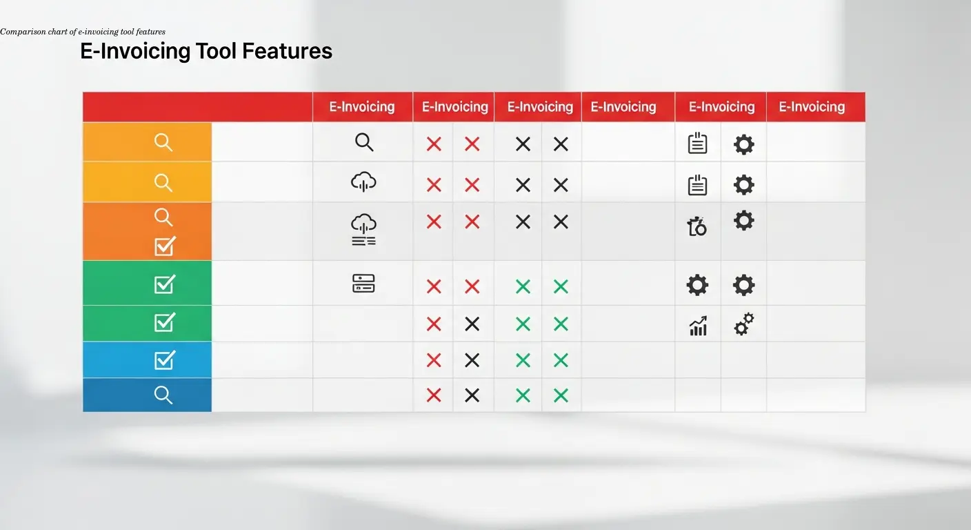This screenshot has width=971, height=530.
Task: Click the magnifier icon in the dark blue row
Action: coord(163,395)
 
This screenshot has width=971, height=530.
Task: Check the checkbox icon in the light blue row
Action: coord(165,360)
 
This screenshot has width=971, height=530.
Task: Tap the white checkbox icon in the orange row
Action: coord(165,245)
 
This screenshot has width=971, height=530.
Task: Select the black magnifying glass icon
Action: coord(364,142)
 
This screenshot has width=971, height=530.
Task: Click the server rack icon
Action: coord(363,283)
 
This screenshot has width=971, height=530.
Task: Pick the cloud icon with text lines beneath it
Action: coord(363,230)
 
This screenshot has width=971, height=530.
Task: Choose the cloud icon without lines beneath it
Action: coord(363,182)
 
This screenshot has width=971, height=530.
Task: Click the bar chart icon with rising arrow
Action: coord(698,326)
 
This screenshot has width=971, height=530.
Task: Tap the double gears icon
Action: coord(743,324)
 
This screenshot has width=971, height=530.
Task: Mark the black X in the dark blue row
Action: coord(472,395)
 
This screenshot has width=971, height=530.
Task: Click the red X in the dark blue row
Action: coord(434,395)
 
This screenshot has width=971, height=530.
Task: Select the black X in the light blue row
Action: coord(472,360)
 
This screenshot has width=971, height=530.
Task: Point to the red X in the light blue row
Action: coord(434,360)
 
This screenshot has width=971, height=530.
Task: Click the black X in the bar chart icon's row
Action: coord(472,324)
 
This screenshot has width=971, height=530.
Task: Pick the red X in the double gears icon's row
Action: coord(434,324)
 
